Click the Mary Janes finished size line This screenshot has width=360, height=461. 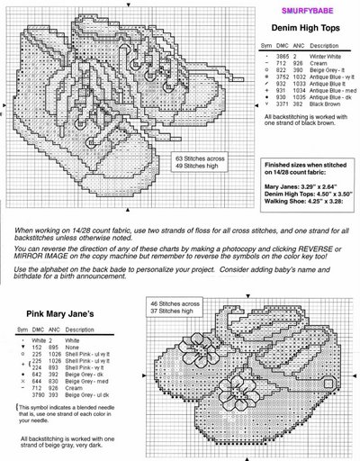(301, 183)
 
